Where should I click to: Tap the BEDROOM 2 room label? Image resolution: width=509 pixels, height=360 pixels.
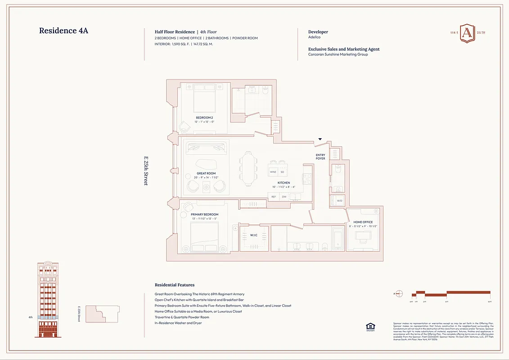click(204, 117)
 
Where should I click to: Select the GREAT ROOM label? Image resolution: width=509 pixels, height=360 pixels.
click(206, 173)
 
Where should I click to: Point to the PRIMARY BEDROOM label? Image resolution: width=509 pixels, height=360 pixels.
click(204, 215)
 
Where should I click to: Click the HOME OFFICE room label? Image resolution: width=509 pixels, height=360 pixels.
click(363, 222)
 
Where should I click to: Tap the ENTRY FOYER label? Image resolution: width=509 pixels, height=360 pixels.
click(320, 156)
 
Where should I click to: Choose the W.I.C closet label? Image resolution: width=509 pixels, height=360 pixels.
click(254, 235)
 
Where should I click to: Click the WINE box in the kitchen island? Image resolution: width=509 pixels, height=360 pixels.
click(273, 172)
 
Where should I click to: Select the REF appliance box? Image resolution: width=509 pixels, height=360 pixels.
click(273, 197)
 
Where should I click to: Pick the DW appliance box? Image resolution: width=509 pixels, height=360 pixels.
click(284, 197)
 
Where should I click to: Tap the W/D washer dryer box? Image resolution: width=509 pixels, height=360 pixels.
click(339, 201)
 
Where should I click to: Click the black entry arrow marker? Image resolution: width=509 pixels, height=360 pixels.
click(320, 139)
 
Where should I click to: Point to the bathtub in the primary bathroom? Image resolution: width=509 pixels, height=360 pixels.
click(337, 238)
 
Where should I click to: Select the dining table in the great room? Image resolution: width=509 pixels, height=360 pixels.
click(248, 168)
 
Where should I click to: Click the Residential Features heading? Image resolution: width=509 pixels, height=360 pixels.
click(175, 285)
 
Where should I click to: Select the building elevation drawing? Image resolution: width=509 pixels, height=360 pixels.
click(47, 300)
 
